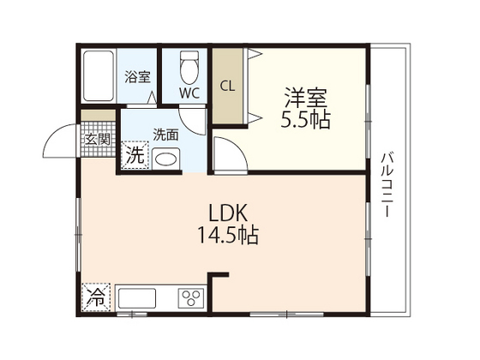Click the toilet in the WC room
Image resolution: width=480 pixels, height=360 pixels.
pyautogui.click(x=189, y=68)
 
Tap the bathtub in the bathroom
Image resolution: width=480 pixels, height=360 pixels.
pyautogui.click(x=99, y=76)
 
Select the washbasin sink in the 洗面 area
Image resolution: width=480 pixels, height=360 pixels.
pyautogui.click(x=166, y=159)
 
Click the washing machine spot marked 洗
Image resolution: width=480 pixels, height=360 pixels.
pyautogui.click(x=135, y=155)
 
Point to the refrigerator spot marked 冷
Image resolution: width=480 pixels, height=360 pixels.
pyautogui.click(x=96, y=297)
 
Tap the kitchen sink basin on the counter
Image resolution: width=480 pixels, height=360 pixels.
pyautogui.click(x=137, y=298)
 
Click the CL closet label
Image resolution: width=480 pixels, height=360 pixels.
pyautogui.click(x=228, y=87)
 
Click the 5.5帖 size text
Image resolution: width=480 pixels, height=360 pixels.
pyautogui.click(x=306, y=120)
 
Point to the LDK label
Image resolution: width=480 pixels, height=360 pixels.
pyautogui.click(x=228, y=213)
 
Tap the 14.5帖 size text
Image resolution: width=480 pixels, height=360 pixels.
pyautogui.click(x=228, y=235)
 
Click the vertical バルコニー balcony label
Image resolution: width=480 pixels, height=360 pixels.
pyautogui.click(x=387, y=185)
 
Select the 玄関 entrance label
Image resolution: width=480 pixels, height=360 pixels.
pyautogui.click(x=98, y=140)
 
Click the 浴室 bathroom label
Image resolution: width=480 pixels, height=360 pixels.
pyautogui.click(x=137, y=76)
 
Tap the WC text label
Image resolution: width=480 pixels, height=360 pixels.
pyautogui.click(x=189, y=93)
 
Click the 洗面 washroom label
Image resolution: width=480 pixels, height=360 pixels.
pyautogui.click(x=165, y=135)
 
